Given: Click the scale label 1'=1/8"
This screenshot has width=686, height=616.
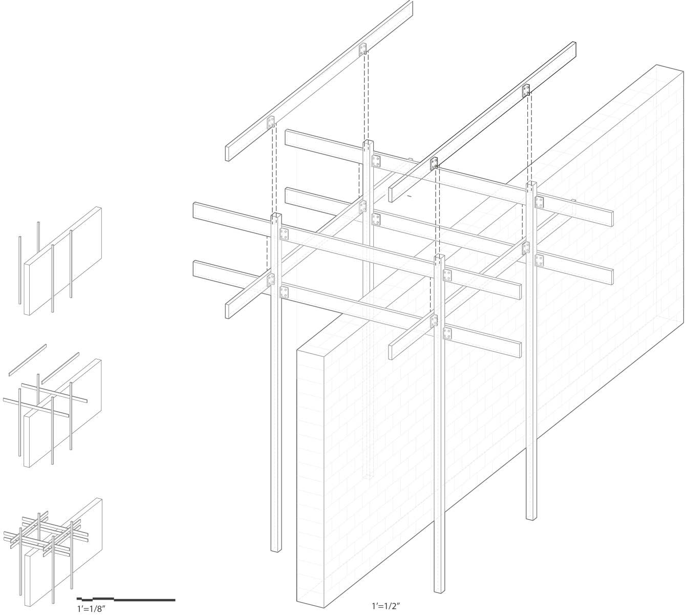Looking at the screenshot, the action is point(92,608).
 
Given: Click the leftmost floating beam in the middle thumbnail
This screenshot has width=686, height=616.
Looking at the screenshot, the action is point(28,360).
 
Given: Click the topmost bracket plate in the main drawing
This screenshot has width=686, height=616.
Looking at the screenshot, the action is point(362,49).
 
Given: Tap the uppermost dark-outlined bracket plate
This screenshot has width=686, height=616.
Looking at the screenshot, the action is point(526,90).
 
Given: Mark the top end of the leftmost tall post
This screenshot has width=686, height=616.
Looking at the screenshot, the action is point(276,216).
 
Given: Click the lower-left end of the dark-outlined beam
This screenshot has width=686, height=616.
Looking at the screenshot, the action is point(391,195).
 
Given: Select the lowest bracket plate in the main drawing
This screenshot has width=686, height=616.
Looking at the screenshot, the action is point(447,333).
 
